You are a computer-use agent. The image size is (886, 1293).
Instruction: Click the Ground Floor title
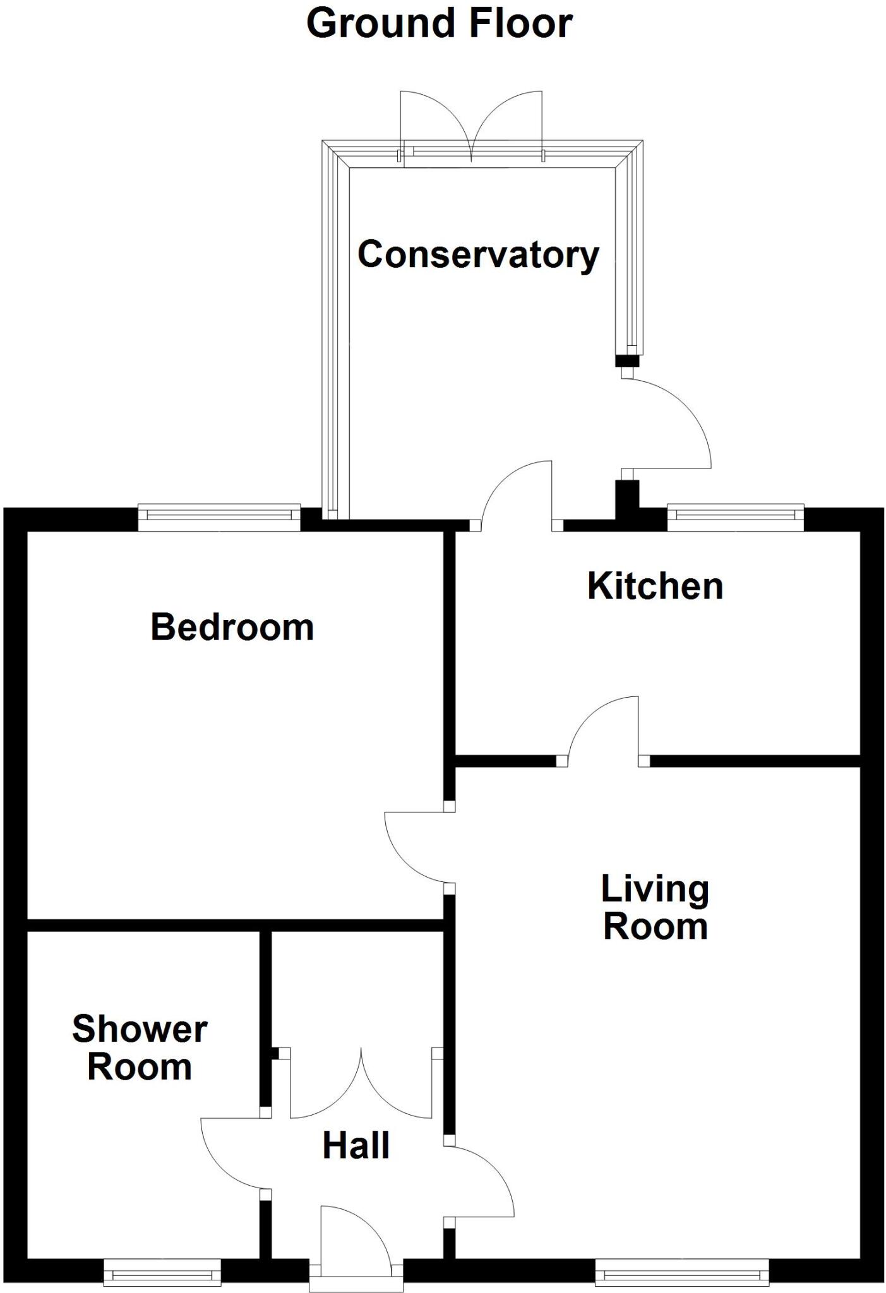click(x=439, y=24)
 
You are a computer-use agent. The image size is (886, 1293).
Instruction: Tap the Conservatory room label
click(x=478, y=255)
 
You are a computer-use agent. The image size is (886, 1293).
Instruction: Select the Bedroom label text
click(x=232, y=628)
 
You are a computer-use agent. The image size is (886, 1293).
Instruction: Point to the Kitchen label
click(x=655, y=587)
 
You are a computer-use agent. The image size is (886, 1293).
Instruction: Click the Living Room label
click(x=655, y=907)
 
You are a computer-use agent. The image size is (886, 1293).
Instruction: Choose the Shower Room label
click(x=140, y=1048)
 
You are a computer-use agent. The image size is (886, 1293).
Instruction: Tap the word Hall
click(x=356, y=1146)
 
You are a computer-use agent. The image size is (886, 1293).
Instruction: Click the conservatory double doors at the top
click(x=471, y=126)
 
